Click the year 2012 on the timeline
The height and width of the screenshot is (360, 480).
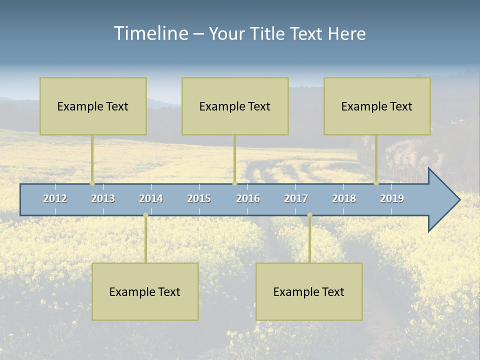coord(55,198)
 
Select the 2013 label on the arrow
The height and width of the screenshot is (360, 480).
coord(103,198)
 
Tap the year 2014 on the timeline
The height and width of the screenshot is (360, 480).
coord(151,198)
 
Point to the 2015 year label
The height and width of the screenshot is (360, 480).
coord(199,198)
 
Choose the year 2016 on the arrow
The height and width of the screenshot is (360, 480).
coord(248,198)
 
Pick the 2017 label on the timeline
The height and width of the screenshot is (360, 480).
coord(296,198)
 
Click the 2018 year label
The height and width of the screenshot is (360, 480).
coord(344,198)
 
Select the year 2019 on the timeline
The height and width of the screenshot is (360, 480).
coord(392,198)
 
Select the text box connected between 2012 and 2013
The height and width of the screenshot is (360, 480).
coord(93,106)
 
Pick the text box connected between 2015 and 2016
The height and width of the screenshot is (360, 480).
coord(235,106)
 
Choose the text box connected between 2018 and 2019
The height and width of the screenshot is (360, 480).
coord(377,106)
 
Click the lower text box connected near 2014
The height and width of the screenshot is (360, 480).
coord(145,291)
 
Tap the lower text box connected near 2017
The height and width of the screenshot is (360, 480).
coord(309,291)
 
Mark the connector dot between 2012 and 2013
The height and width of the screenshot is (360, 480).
coord(92,183)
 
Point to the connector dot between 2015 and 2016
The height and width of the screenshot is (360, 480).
coord(235,183)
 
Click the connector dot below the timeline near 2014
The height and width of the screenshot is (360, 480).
coord(145,215)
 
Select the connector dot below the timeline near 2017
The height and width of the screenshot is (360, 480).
coord(309,215)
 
